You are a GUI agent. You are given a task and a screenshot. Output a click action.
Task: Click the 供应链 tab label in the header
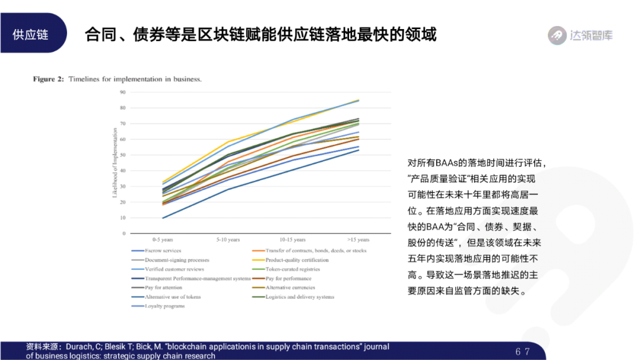pos(30,34)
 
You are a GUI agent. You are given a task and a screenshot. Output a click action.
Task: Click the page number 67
pos(522,352)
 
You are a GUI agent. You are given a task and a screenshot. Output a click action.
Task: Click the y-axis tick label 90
pos(123,93)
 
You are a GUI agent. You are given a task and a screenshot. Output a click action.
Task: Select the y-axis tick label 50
pos(123,155)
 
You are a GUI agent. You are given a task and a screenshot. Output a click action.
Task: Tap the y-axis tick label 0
pos(124,234)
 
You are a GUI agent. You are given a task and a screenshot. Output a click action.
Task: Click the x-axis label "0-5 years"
pos(163,240)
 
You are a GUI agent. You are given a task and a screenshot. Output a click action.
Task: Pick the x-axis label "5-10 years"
pos(228,240)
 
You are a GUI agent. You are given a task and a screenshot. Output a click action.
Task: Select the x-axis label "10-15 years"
pos(293,240)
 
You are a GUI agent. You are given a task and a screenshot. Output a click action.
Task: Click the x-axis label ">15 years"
pos(358,240)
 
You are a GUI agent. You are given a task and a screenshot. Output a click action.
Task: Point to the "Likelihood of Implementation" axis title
pos(115,163)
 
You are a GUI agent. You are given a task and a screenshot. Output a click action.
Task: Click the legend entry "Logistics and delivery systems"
pos(300,297)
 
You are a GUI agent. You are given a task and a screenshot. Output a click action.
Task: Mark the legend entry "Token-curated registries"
pos(293,269)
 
